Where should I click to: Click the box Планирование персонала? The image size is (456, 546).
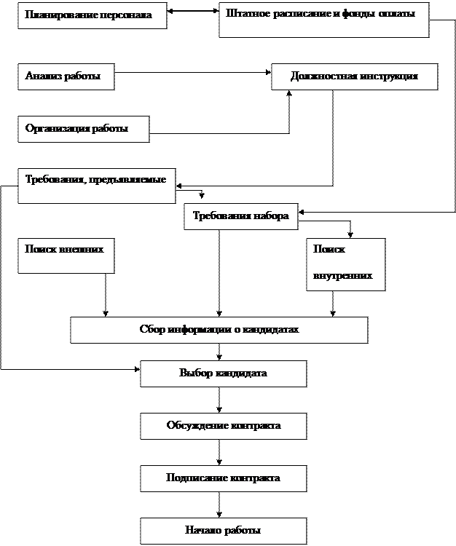pos(92,15)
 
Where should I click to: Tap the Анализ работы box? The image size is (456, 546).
pos(66,76)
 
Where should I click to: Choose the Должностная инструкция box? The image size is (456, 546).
pos(354,76)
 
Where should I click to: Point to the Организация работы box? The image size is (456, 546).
pos(83,129)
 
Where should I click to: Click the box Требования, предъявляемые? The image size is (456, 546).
pos(96,185)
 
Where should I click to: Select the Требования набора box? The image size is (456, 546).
pos(240,216)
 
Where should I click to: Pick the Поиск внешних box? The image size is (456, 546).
pos(66,256)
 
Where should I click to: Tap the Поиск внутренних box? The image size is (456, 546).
pos(345,264)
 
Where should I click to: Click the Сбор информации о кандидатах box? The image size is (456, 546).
pos(219,329)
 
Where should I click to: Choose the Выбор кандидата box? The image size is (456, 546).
pos(223,373)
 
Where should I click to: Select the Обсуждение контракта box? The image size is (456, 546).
pos(223,426)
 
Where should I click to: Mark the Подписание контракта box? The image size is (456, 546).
pos(223,478)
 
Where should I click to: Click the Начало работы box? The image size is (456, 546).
pos(223,531)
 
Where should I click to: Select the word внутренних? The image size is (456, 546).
pos(343,277)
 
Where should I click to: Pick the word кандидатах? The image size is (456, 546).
pos(273,329)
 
